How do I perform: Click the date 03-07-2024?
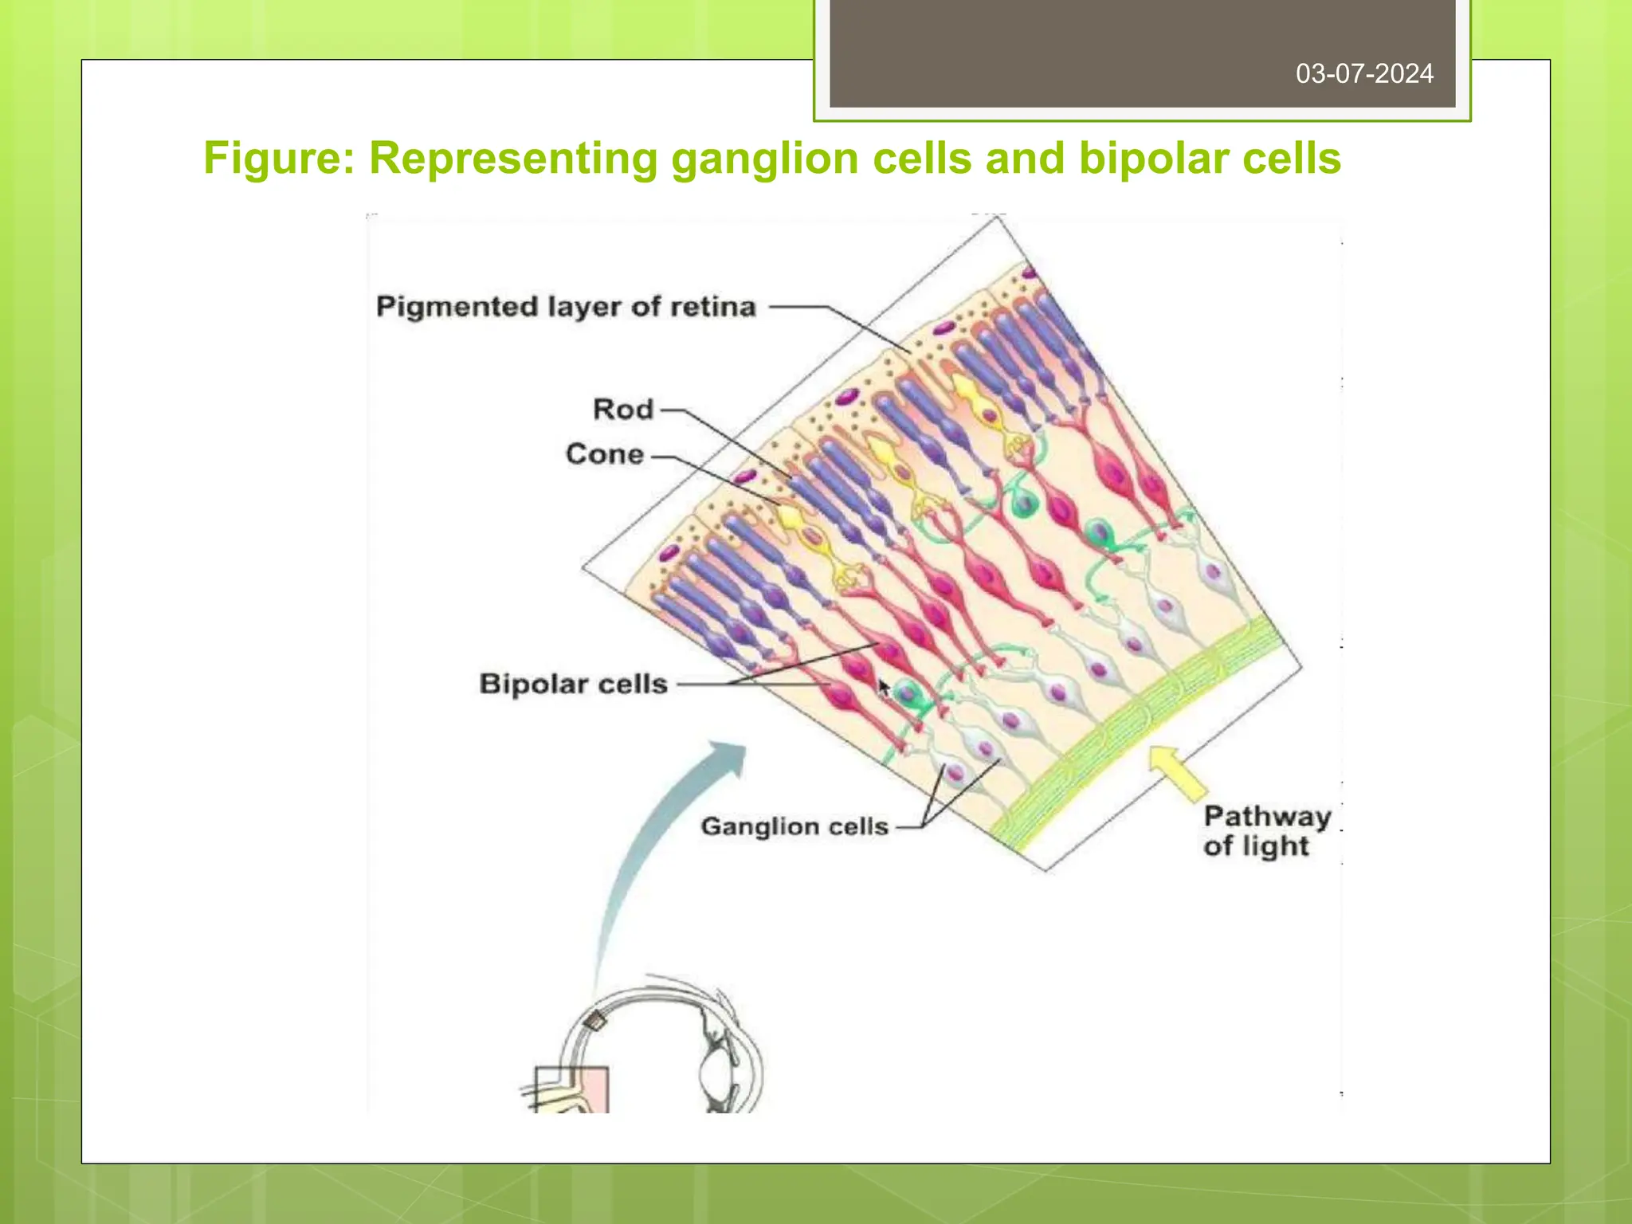coord(1363,74)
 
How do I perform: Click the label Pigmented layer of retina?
coord(565,307)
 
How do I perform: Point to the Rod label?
coord(623,410)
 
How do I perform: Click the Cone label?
coord(605,454)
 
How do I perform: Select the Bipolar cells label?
coord(573,684)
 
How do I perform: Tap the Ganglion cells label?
coord(794,826)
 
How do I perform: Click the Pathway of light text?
coord(1265,830)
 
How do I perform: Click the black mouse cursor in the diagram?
coord(883,688)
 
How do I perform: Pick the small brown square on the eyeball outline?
coord(593,1020)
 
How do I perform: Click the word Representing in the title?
coord(513,158)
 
